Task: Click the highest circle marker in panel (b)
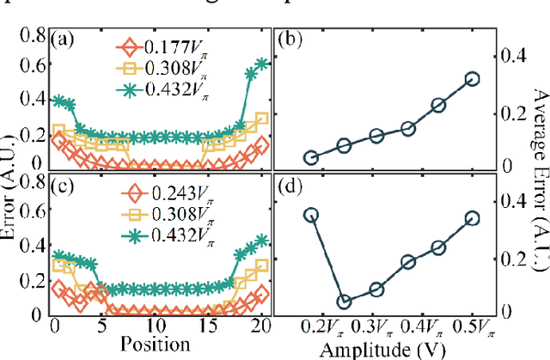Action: (x=471, y=79)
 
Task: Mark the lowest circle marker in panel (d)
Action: (x=345, y=302)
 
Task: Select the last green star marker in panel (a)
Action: (x=262, y=64)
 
